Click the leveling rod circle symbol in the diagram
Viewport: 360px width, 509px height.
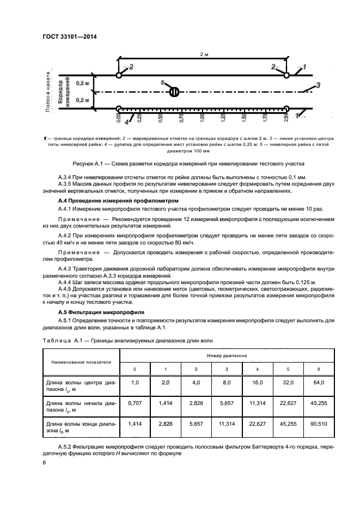[174, 91]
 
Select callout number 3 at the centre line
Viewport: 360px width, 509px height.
[318, 85]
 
